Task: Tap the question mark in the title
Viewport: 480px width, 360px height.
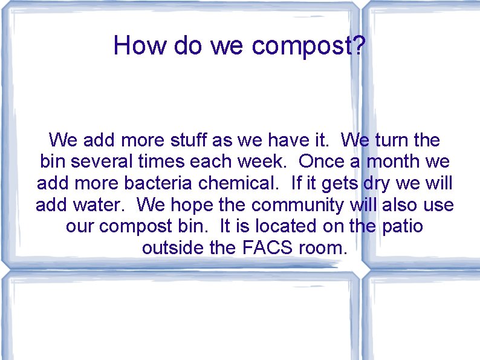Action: [x=358, y=45]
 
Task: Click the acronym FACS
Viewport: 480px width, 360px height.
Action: [x=269, y=248]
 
